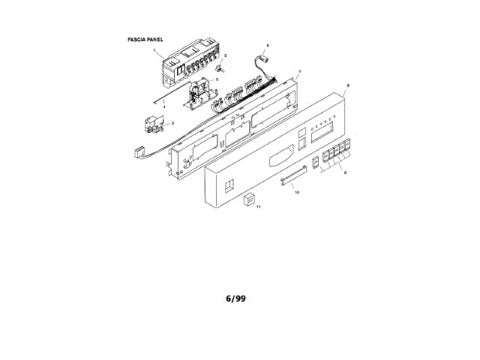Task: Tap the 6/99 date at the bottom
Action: tap(235, 298)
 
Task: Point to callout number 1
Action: tap(154, 51)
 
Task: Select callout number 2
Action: tap(226, 56)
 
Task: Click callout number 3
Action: tap(173, 123)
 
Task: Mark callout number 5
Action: tap(217, 79)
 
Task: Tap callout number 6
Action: tap(268, 46)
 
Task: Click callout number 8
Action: tap(346, 87)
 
